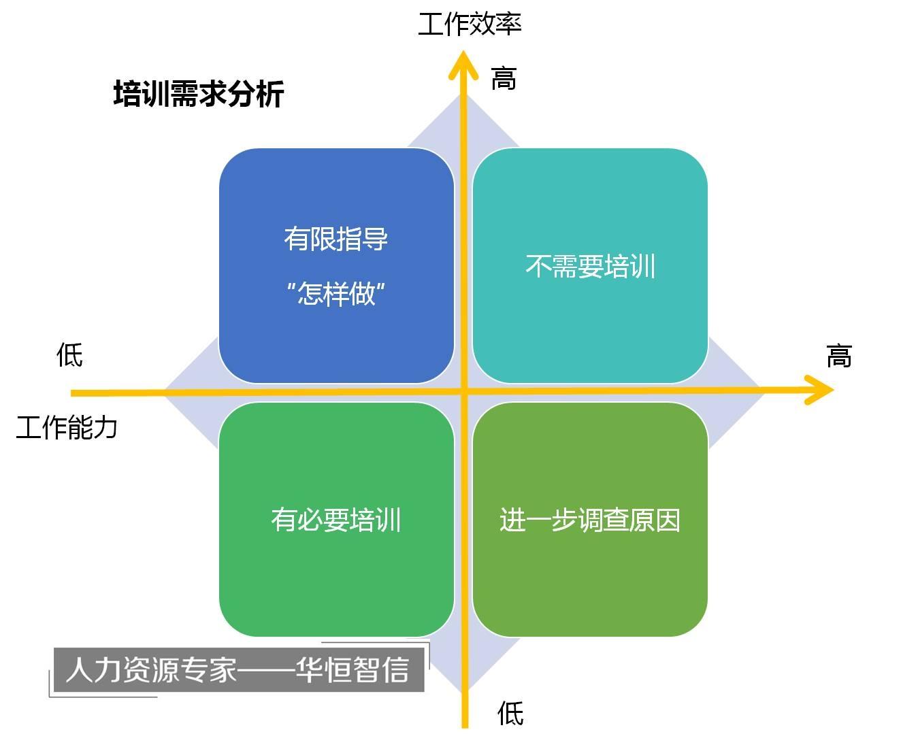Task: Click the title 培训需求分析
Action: click(x=198, y=94)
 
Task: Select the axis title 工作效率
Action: click(x=469, y=24)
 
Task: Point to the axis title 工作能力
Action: click(x=67, y=428)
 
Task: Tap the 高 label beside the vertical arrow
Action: click(x=504, y=79)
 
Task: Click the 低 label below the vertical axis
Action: click(x=510, y=714)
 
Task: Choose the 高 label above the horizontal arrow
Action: click(x=838, y=356)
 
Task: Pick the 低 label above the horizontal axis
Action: click(x=69, y=355)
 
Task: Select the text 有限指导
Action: click(x=335, y=239)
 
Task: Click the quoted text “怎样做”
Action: click(x=335, y=294)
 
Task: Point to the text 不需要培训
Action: click(x=590, y=266)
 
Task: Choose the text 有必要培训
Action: click(x=335, y=520)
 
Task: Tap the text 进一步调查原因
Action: click(x=589, y=520)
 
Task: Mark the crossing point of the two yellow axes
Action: click(x=465, y=392)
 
